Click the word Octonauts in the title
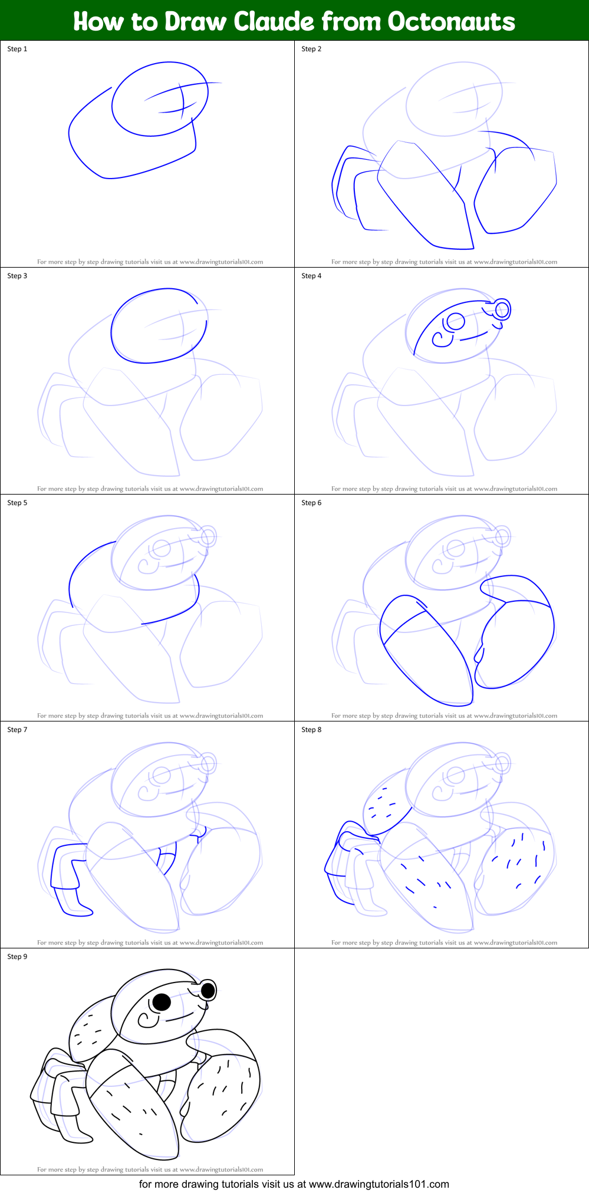click(451, 21)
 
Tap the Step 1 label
click(17, 49)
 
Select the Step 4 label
click(311, 276)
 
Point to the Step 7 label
click(17, 730)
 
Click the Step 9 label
click(17, 957)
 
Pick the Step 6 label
click(311, 503)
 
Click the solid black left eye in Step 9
click(161, 1001)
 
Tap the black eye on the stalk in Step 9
click(208, 991)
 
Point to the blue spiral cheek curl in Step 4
click(440, 340)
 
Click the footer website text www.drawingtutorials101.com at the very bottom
click(379, 1184)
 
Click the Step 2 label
click(311, 49)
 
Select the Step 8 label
click(311, 730)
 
